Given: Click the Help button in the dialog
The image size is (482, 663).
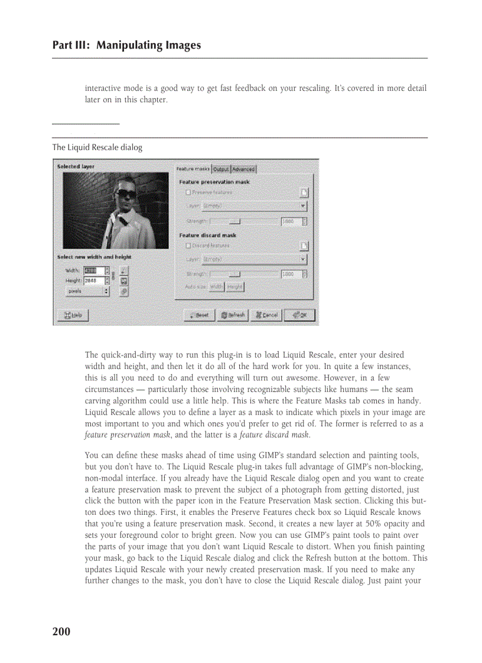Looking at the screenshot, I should pyautogui.click(x=72, y=315).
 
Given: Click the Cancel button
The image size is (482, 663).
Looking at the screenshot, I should pyautogui.click(x=265, y=315).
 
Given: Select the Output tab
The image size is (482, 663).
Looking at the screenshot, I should pyautogui.click(x=221, y=169).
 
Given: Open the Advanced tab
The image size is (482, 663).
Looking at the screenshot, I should pyautogui.click(x=243, y=169).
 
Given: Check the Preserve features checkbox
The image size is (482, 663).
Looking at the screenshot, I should pyautogui.click(x=188, y=192).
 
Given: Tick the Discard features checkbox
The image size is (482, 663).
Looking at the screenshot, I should pyautogui.click(x=188, y=246).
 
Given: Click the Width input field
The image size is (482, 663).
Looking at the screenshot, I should pyautogui.click(x=94, y=270).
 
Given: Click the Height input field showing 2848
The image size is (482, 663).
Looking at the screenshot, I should pyautogui.click(x=94, y=280).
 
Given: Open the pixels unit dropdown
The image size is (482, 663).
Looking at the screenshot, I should pyautogui.click(x=87, y=291).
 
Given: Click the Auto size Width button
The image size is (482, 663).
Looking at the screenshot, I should pyautogui.click(x=216, y=287).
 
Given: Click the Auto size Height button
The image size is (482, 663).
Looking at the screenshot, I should pyautogui.click(x=235, y=287).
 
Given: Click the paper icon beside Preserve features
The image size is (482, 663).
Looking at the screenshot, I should pyautogui.click(x=304, y=193).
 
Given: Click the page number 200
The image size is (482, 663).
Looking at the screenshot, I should pyautogui.click(x=61, y=632).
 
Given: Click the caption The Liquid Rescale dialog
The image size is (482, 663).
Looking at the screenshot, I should pyautogui.click(x=97, y=147).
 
